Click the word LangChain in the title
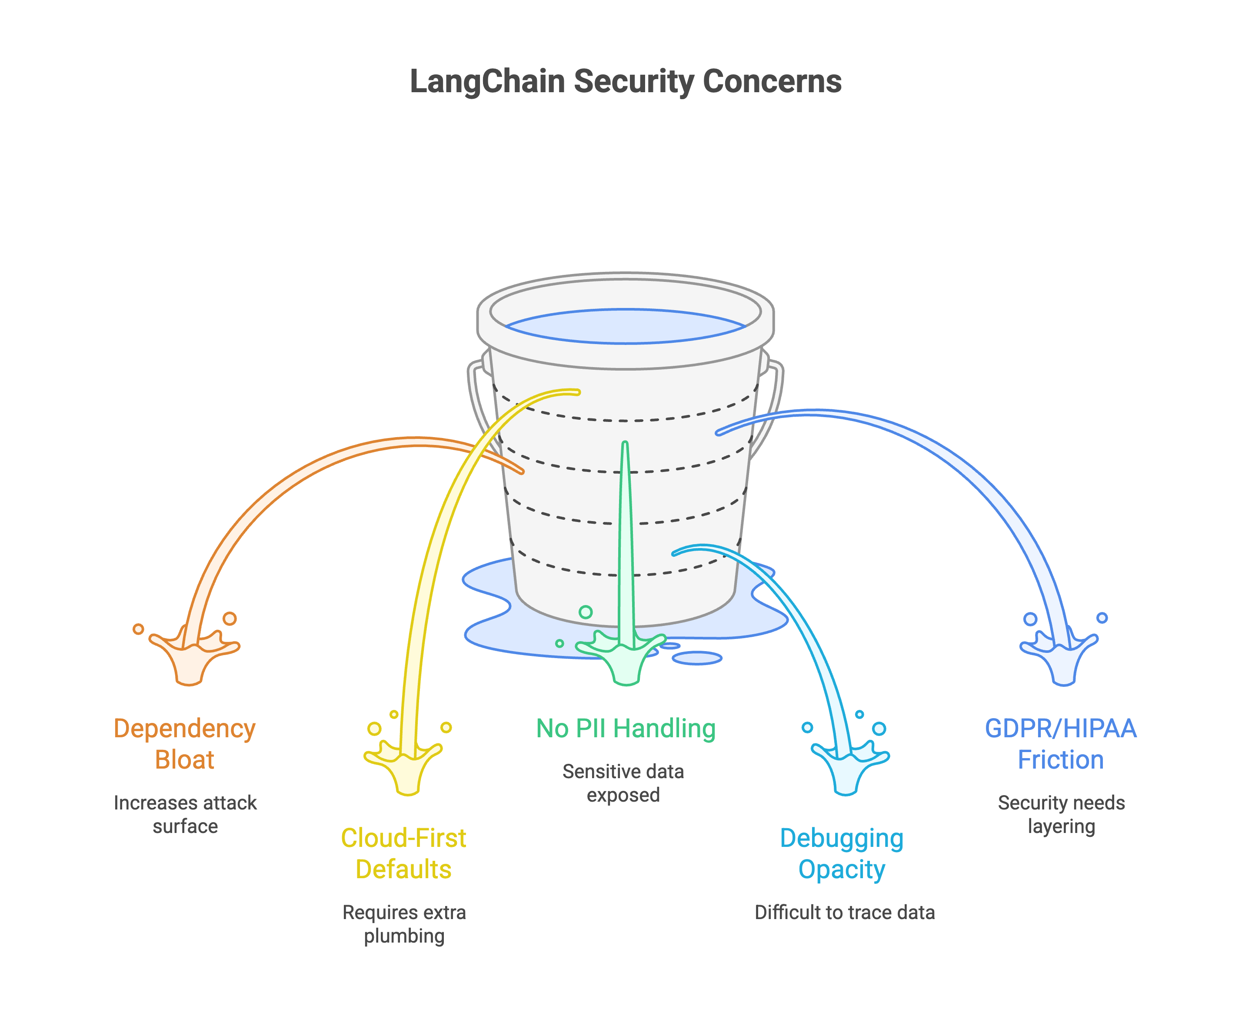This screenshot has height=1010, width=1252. click(487, 81)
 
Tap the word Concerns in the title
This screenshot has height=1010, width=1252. click(772, 81)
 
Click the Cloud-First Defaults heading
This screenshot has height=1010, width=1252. click(403, 853)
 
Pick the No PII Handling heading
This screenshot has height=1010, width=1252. click(626, 729)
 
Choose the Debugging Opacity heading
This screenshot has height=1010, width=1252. click(842, 853)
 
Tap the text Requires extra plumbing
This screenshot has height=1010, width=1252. click(404, 923)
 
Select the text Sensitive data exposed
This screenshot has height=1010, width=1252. click(623, 783)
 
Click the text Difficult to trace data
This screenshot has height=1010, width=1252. click(844, 912)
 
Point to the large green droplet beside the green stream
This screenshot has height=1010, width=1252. click(586, 612)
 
